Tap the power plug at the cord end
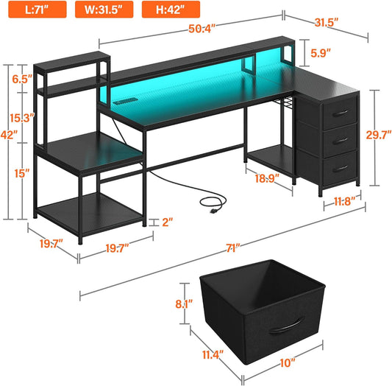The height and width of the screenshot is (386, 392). pos(215,208)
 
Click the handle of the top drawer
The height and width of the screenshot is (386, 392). pos(339,112)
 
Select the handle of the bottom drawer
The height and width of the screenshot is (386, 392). pos(341,169)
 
